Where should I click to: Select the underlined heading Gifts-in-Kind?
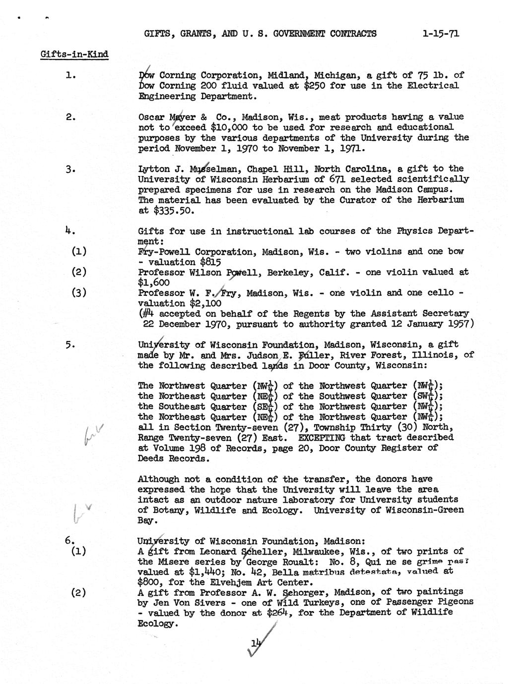point(74,54)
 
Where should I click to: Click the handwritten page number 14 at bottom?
point(256,643)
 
